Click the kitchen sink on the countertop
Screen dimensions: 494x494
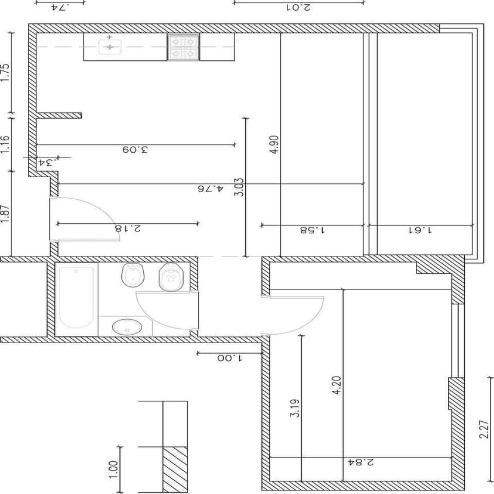pyautogui.click(x=110, y=47)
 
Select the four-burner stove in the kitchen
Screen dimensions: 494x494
pyautogui.click(x=183, y=47)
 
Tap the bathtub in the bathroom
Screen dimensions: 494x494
pyautogui.click(x=76, y=297)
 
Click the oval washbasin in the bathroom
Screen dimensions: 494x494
pyautogui.click(x=127, y=327)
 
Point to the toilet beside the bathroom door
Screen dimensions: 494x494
pyautogui.click(x=171, y=277)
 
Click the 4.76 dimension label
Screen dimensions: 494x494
pyautogui.click(x=211, y=189)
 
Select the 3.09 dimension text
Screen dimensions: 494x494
pyautogui.click(x=135, y=149)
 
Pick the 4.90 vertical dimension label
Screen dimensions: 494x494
pyautogui.click(x=274, y=144)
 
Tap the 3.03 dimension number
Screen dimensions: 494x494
pyautogui.click(x=239, y=187)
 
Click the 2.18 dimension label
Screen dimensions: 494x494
pyautogui.click(x=128, y=228)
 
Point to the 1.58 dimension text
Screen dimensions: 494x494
pyautogui.click(x=312, y=230)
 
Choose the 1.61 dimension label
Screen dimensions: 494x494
pyautogui.click(x=420, y=230)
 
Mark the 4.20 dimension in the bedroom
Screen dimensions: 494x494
pyautogui.click(x=336, y=385)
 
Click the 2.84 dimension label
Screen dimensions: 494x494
pyautogui.click(x=361, y=462)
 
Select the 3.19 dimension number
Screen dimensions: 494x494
pyautogui.click(x=295, y=408)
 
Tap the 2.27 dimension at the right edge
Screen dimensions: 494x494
pyautogui.click(x=484, y=430)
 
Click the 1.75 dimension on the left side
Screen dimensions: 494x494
pyautogui.click(x=5, y=73)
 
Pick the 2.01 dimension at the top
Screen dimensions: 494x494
pyautogui.click(x=298, y=7)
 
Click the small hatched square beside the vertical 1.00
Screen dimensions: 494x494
pyautogui.click(x=175, y=469)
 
